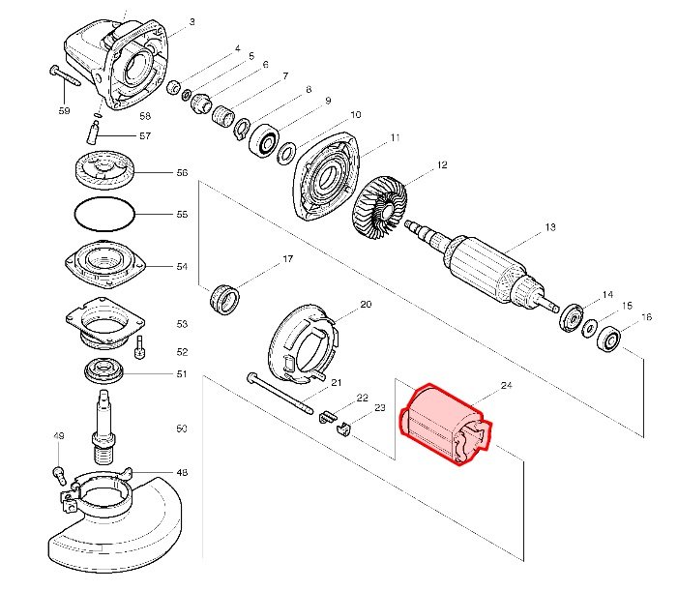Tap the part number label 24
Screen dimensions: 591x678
click(x=506, y=385)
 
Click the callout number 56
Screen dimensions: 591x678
click(x=182, y=173)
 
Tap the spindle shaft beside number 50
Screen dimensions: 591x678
click(x=103, y=427)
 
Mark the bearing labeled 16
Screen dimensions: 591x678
click(x=609, y=340)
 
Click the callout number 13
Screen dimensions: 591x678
click(x=550, y=228)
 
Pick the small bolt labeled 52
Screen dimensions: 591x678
click(x=139, y=348)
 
